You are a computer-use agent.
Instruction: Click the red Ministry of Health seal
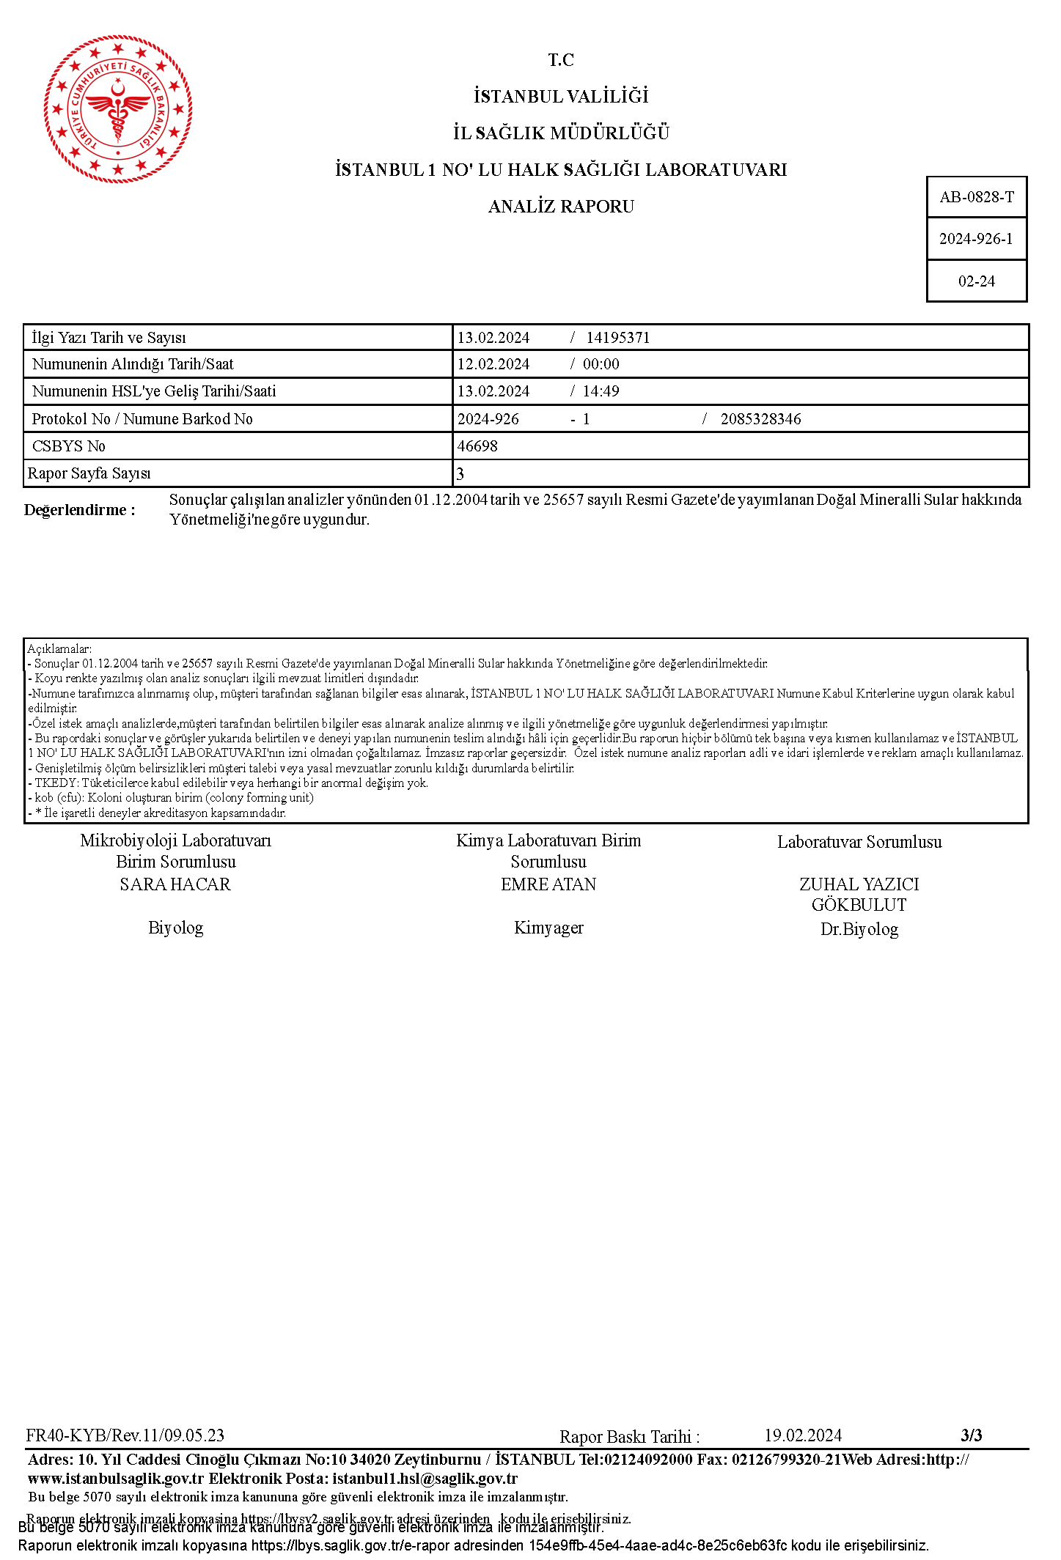117,109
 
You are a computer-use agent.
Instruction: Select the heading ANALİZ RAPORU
561,207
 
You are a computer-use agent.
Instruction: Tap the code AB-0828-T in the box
977,197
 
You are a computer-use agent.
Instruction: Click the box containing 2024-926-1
976,239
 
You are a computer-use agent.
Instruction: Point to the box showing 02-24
976,281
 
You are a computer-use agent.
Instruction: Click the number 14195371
618,338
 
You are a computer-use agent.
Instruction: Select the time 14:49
601,391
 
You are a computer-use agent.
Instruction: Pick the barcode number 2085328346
760,419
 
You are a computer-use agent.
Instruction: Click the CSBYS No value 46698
477,446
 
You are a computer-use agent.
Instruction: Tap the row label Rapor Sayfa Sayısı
89,473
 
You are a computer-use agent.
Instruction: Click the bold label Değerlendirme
79,510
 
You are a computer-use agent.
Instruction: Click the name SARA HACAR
175,884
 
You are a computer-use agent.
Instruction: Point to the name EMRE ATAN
548,884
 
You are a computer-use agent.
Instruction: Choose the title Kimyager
548,928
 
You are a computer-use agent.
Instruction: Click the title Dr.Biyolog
859,929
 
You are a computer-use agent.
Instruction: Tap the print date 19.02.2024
803,1435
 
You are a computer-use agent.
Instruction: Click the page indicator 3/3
972,1435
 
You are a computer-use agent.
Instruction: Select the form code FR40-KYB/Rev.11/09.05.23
125,1435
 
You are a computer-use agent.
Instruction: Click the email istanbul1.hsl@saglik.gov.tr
425,1479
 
